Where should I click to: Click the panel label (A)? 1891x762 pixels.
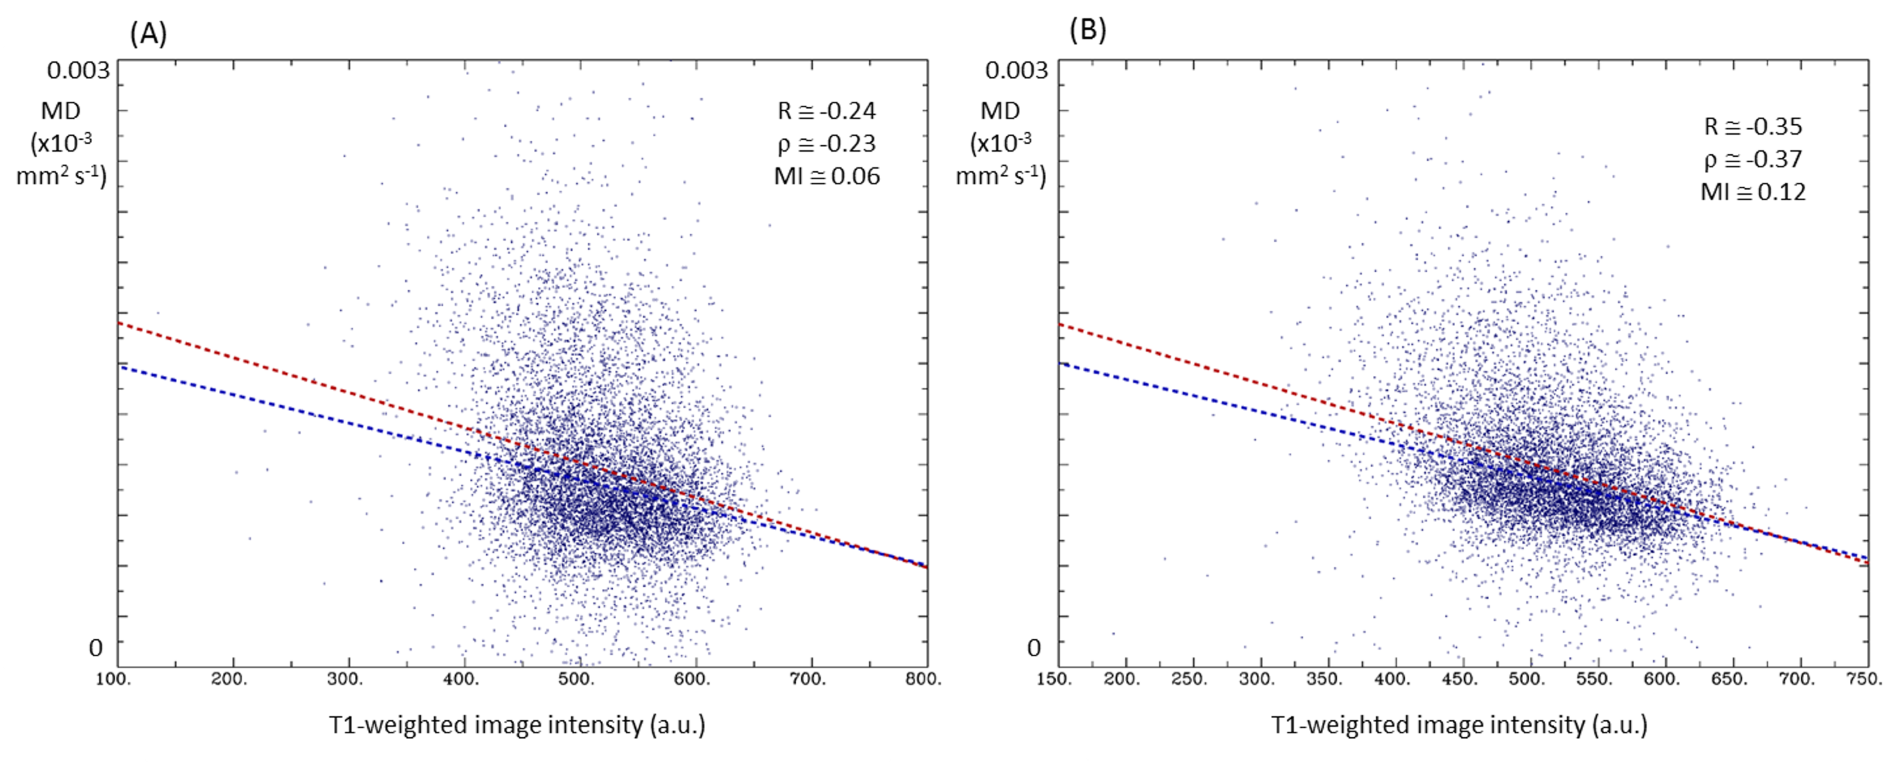tap(148, 34)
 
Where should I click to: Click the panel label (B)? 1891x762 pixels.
tap(1088, 29)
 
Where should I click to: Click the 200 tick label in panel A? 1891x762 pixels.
tap(229, 679)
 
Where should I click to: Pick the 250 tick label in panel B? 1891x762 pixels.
tap(1189, 679)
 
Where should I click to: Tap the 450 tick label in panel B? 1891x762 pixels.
tap(1459, 679)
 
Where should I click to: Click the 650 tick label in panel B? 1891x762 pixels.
tap(1730, 679)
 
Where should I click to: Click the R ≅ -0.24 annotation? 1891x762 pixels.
tap(827, 111)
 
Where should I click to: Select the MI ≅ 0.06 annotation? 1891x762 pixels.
tap(827, 176)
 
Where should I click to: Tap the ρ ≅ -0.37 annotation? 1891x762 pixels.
tap(1753, 159)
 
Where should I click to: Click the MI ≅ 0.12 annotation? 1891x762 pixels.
tap(1753, 192)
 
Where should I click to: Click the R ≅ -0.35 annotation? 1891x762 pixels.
tap(1753, 126)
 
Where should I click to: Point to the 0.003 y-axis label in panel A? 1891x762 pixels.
tap(78, 71)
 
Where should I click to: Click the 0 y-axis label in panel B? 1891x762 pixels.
tap(1034, 648)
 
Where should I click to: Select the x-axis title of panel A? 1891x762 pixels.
tap(518, 725)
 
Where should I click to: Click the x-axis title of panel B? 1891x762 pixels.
tap(1459, 725)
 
